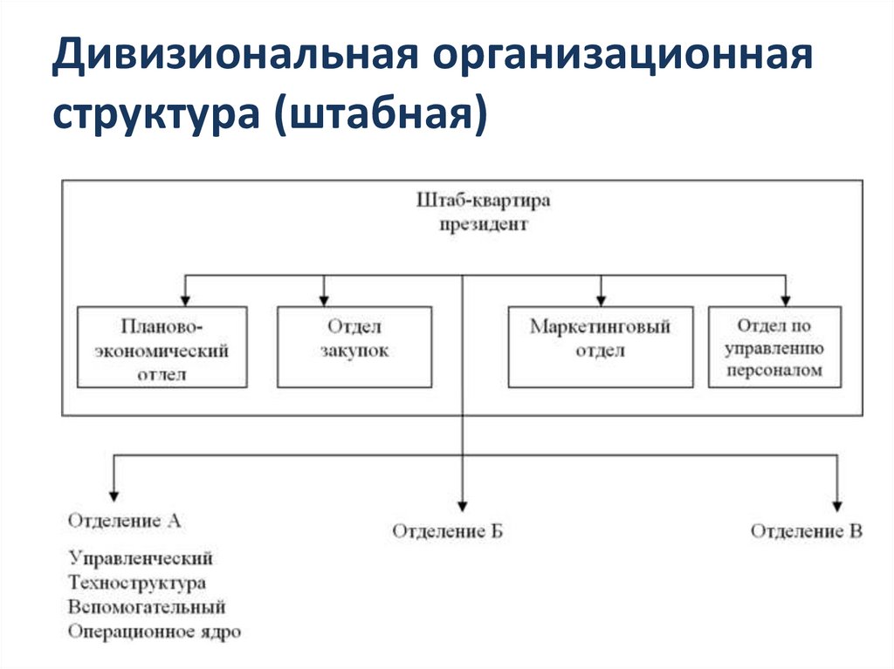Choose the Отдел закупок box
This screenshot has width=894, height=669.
tap(354, 346)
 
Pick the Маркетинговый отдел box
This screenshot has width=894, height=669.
tap(601, 346)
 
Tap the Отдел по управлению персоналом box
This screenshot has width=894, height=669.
tap(774, 346)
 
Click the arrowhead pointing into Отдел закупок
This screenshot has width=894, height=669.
tap(324, 298)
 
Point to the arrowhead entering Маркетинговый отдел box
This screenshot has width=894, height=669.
tap(601, 298)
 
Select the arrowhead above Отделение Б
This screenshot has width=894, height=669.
tap(462, 503)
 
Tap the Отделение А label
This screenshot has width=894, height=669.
tap(124, 521)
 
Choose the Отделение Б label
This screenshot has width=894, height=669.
tap(448, 531)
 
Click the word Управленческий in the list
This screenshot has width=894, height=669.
tap(141, 557)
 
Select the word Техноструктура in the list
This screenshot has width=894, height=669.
tap(137, 582)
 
